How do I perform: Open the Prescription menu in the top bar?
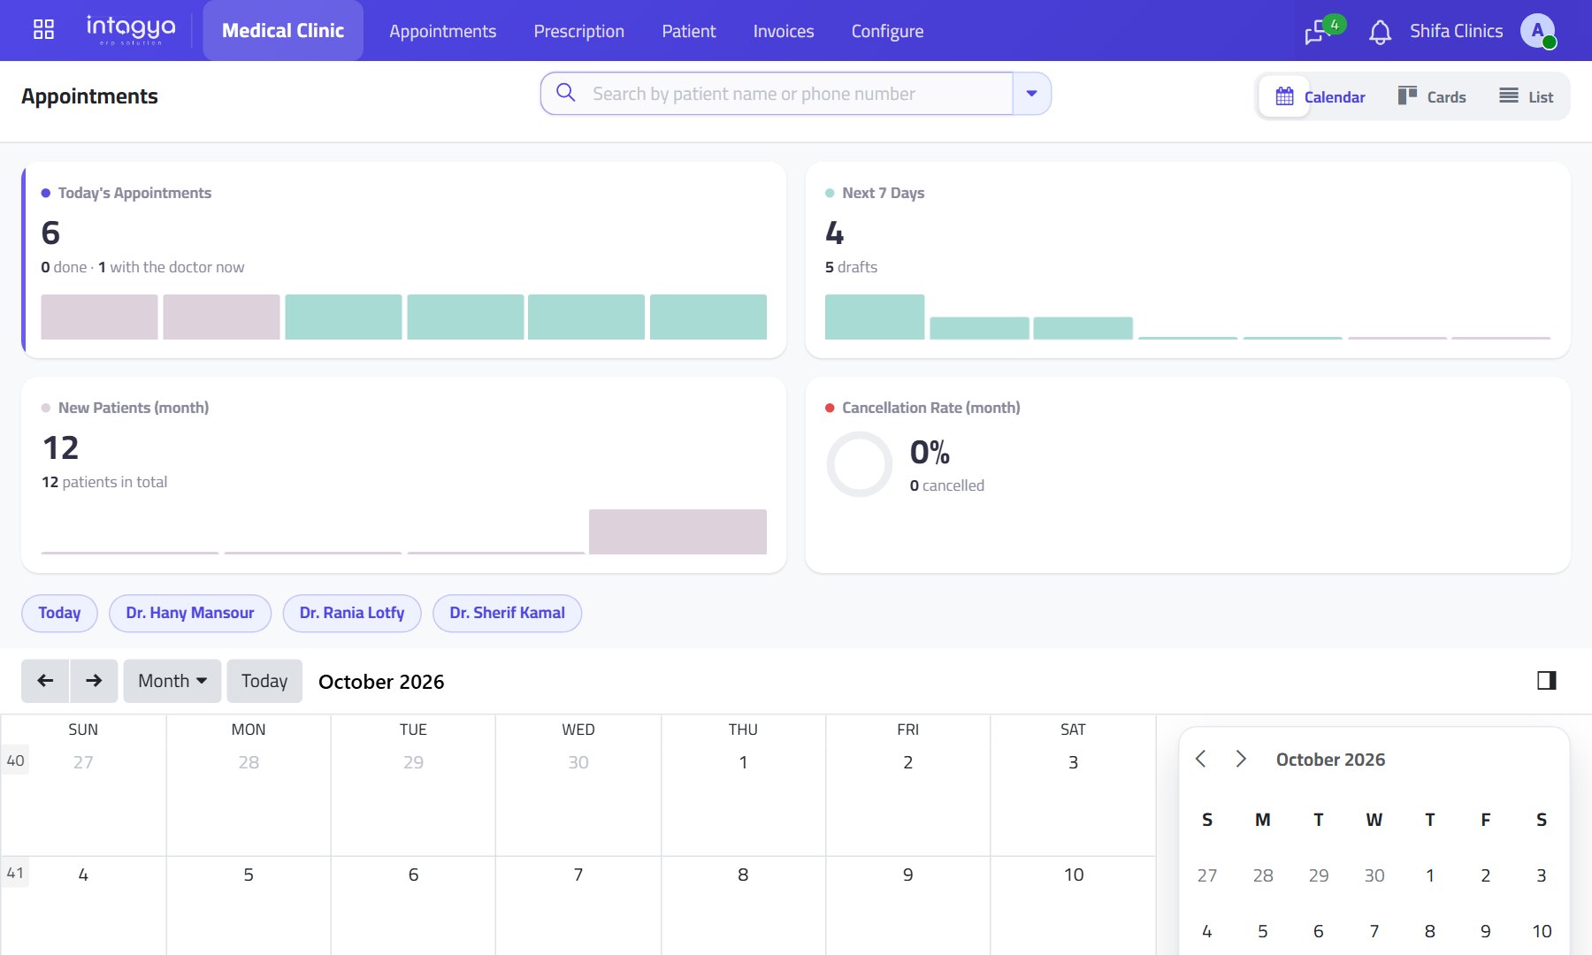tap(578, 31)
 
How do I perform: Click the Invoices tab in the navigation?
tap(784, 31)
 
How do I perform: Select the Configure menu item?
tap(887, 31)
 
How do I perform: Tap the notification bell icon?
tap(1380, 33)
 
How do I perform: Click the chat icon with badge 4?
tap(1318, 32)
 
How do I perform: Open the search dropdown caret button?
tap(1031, 94)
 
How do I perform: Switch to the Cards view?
tap(1432, 96)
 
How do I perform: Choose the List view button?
tap(1527, 96)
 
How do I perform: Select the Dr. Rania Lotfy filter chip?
tap(352, 613)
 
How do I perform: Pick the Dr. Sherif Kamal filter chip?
tap(507, 613)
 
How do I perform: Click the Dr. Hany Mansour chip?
tap(190, 613)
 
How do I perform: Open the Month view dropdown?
tap(172, 681)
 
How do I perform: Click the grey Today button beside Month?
tap(264, 681)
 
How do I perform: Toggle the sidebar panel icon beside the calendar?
tap(1547, 680)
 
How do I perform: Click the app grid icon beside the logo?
tap(43, 30)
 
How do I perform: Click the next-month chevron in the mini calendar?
tap(1241, 759)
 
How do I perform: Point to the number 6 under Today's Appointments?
tap(50, 233)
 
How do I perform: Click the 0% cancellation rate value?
tap(930, 452)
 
